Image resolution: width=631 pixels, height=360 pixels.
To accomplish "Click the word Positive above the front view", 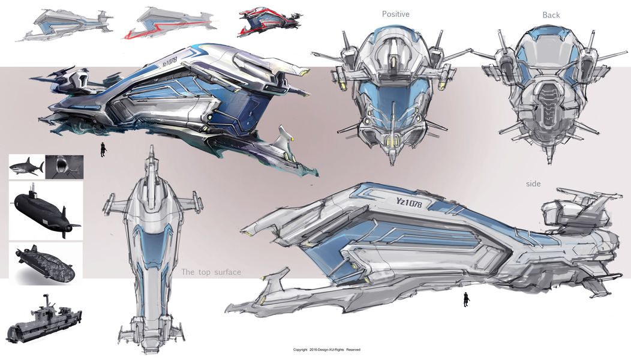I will (x=395, y=13).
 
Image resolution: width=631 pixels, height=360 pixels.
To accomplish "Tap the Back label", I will (x=551, y=14).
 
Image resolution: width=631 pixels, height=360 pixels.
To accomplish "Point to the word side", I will (x=533, y=184).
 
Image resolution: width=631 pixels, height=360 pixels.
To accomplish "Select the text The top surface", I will (x=211, y=272).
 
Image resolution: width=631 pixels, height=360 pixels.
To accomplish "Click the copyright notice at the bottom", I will (x=326, y=350).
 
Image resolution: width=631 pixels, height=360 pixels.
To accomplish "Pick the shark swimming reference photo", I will (x=27, y=166).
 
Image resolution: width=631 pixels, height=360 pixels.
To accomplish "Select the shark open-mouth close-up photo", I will (x=64, y=166).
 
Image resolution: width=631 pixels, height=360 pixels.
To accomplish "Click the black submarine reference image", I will (x=45, y=210).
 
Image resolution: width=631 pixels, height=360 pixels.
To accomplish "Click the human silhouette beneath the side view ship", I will (x=465, y=299).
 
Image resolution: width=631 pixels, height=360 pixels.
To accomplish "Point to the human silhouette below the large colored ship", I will (x=103, y=149).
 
